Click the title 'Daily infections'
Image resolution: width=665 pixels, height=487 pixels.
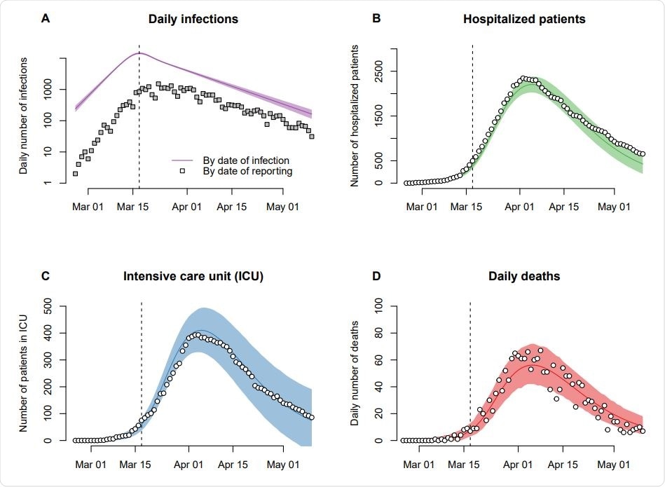coord(193,19)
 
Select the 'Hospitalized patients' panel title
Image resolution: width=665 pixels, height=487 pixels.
coord(524,19)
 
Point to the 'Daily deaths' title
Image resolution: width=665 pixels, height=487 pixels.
coord(524,276)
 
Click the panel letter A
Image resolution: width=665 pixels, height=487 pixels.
coord(46,19)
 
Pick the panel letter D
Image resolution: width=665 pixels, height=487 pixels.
coord(376,276)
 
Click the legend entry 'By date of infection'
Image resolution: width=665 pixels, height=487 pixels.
coord(246,160)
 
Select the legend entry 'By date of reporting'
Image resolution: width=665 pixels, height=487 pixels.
coord(247,170)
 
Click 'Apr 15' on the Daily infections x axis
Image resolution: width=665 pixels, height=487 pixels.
coord(232,207)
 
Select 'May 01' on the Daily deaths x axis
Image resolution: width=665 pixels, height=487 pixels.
coord(612,464)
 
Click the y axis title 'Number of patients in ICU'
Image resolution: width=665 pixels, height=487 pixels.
coord(25,373)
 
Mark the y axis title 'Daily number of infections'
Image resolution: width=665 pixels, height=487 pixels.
coord(25,116)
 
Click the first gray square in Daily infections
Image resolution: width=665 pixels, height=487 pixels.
coord(75,174)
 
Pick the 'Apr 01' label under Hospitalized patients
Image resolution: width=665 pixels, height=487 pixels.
coord(519,207)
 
